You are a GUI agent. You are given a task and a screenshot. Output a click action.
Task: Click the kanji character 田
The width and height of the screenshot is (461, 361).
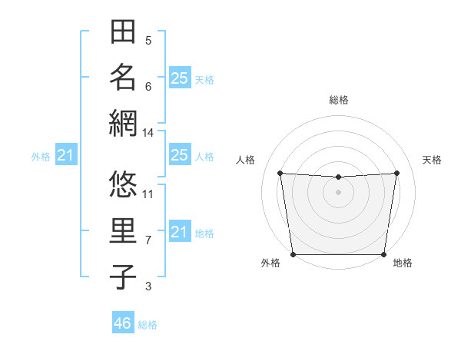click(x=123, y=32)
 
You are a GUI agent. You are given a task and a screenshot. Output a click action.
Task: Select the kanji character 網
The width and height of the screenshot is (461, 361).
click(x=123, y=122)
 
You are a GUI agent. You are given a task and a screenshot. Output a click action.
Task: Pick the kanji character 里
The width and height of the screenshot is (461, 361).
click(x=123, y=230)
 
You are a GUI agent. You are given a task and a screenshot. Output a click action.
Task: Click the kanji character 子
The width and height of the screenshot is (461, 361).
click(x=123, y=276)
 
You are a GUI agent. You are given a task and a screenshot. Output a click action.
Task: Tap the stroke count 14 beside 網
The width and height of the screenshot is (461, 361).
click(x=148, y=132)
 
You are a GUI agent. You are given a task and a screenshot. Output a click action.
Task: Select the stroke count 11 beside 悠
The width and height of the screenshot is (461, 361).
click(x=148, y=194)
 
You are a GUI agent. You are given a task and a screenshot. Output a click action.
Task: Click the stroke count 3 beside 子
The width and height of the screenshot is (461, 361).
click(x=148, y=286)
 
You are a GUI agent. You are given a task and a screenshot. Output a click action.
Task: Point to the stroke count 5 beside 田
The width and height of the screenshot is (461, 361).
click(x=148, y=41)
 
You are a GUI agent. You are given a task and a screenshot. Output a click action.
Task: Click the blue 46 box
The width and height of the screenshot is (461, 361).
click(x=123, y=323)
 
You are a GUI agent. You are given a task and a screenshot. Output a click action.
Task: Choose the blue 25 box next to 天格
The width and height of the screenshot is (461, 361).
click(x=179, y=78)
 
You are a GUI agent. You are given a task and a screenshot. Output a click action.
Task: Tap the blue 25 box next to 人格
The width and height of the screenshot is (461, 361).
click(x=179, y=155)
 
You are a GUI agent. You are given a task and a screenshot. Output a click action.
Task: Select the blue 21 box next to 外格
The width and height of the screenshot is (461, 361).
click(x=66, y=156)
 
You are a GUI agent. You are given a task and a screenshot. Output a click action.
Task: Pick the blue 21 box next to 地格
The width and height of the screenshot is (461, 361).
click(x=179, y=232)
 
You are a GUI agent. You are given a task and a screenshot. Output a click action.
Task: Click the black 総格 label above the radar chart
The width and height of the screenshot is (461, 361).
click(x=339, y=100)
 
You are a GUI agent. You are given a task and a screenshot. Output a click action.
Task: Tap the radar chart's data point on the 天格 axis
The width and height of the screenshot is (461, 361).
click(x=397, y=172)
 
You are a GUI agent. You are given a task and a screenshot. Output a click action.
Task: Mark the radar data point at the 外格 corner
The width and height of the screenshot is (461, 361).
click(x=293, y=254)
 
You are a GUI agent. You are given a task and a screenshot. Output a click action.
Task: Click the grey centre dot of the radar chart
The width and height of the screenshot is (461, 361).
click(x=338, y=192)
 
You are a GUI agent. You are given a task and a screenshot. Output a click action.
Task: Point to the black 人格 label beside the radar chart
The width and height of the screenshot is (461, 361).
click(x=245, y=160)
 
